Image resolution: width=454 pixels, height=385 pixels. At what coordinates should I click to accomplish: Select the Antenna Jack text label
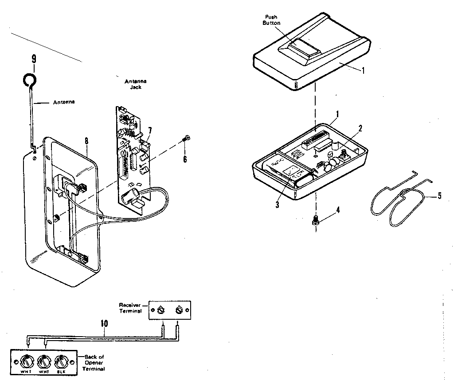(x=136, y=84)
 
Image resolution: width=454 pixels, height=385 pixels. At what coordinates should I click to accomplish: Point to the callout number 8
(x=86, y=141)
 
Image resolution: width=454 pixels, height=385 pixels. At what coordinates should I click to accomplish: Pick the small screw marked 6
(x=187, y=139)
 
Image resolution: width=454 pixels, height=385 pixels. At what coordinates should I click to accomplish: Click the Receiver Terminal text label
(x=130, y=308)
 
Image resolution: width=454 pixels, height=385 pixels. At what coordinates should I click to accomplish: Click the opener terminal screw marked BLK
(x=60, y=360)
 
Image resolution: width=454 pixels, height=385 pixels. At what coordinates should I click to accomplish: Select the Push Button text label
(x=271, y=20)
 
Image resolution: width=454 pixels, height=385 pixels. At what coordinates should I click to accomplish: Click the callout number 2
(x=360, y=128)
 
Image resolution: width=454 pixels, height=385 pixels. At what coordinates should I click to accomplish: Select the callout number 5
(x=440, y=195)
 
